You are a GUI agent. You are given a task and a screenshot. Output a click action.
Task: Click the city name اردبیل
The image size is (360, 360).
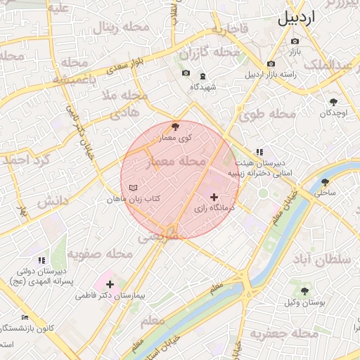pos(307,18)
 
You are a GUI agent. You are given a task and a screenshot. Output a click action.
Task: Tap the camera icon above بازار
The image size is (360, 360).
pos(295,41)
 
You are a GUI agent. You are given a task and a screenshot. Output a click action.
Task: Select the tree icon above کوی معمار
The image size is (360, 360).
pos(175,127)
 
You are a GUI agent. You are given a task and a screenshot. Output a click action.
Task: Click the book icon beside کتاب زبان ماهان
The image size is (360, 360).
pos(134,188)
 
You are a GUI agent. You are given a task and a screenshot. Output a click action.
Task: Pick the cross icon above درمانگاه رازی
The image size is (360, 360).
pos(214,197)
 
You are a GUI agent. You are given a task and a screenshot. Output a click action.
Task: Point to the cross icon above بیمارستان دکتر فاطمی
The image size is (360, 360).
pos(110,284)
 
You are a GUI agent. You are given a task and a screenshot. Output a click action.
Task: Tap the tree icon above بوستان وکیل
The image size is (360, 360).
pos(304,290)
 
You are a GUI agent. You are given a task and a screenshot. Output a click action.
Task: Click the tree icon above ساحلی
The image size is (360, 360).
pos(325,181)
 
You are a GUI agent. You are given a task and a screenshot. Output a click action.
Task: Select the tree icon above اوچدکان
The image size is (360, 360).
pos(333,102)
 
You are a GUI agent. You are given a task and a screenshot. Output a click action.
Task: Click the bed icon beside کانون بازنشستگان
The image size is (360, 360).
pos(26,318)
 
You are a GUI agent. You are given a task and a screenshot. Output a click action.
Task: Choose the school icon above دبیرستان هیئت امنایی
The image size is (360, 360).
pos(259,151)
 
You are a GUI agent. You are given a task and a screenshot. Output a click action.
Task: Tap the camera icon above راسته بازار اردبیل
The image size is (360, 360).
pos(271,64)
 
